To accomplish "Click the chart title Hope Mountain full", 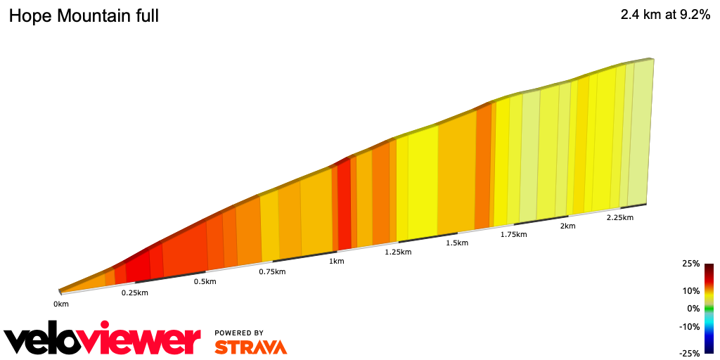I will pos(84,15).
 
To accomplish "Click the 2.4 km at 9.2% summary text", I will pos(665,15).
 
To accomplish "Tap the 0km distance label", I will pos(61,304).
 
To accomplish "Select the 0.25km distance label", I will pos(134,292).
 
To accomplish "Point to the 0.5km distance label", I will pos(205,282).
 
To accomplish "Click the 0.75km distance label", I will pos(272,271).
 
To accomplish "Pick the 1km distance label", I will pos(337,262).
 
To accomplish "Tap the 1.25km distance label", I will pos(398,252).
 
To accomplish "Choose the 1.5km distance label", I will pos(457,243).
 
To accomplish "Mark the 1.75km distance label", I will pos(513,234).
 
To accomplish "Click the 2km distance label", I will pos(568,226).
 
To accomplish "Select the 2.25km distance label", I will pos(619,218).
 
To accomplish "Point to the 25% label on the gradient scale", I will pos(691,264).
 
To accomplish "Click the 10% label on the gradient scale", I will pos(691,291).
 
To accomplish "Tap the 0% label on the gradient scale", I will pos(693,308).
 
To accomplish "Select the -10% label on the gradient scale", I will pos(690,326).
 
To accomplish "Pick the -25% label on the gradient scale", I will pos(690,353).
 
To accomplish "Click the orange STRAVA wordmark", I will pos(250,347).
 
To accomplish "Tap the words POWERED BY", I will pos(239,333).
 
